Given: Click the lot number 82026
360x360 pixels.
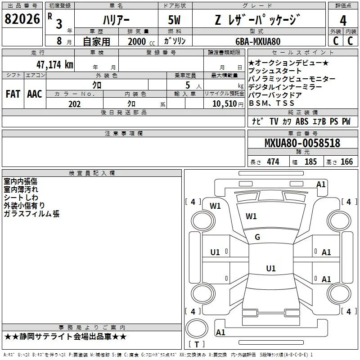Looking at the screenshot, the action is coord(22,19).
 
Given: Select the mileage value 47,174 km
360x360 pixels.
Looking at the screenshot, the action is coord(55,65).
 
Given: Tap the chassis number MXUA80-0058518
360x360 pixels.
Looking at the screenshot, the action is coord(302,143).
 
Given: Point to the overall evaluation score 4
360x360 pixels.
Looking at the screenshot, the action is coord(343,21).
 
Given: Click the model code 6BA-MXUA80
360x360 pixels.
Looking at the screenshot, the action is coord(258,41).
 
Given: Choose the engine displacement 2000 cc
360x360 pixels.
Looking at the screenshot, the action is coord(141,41).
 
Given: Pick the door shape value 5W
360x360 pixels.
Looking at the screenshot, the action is coord(174,20).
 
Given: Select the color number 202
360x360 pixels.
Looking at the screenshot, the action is coord(74,104).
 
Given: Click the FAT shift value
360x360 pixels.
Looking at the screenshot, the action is coord(13,94).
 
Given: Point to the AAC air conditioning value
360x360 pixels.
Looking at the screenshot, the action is coord(35,94).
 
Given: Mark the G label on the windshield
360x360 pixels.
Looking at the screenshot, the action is coord(257,237).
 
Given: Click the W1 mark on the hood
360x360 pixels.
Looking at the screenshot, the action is coord(251,216).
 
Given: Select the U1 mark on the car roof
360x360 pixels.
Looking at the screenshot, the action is coord(271,268).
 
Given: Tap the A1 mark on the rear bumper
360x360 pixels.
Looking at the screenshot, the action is coord(220,332).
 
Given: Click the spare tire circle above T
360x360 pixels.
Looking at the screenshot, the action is coord(197,329).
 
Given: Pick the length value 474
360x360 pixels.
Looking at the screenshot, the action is coord(273,162).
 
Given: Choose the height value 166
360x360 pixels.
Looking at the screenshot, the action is coord(346,162).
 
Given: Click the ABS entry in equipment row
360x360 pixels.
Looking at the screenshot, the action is coord(302,121).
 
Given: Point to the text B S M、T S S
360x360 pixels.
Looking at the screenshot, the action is coord(272,103).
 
